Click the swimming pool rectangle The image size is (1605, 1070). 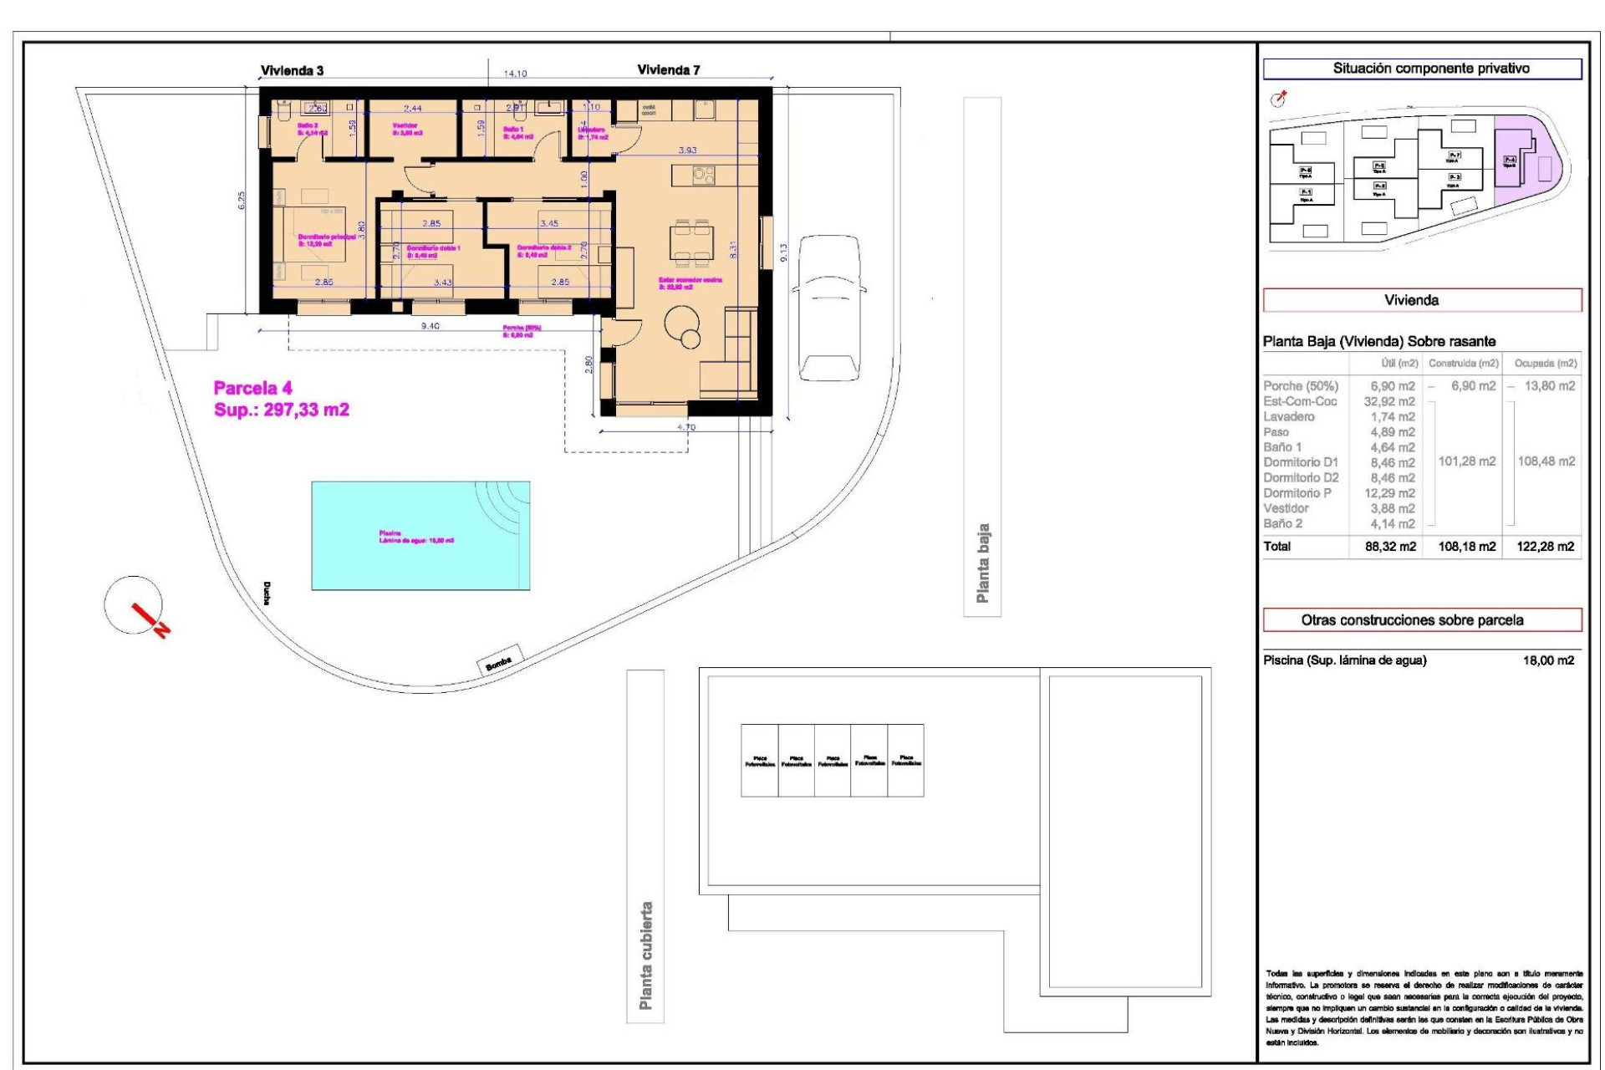420,535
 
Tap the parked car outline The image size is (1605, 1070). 829,308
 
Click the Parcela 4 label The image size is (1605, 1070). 252,388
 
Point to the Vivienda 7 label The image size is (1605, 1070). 668,70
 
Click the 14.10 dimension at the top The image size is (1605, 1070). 515,74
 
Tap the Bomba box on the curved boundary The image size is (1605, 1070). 499,660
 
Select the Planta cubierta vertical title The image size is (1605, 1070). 645,955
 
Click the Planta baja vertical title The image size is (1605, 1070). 982,563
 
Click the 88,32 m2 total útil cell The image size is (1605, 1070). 1389,547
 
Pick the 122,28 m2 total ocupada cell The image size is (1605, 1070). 1545,547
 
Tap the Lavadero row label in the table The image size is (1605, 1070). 1289,416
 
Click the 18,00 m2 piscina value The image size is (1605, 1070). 1548,660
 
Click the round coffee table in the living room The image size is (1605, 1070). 683,323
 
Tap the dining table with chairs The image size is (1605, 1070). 692,241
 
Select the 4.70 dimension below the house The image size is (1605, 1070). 685,427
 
